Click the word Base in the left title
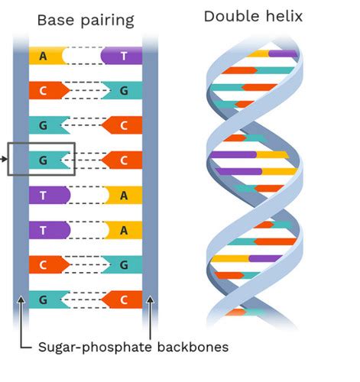pyautogui.click(x=56, y=20)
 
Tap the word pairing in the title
pyautogui.click(x=107, y=21)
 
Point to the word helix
pyautogui.click(x=284, y=16)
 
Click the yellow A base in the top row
pyautogui.click(x=47, y=56)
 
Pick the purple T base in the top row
pyautogui.click(x=122, y=56)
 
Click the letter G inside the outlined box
pyautogui.click(x=43, y=160)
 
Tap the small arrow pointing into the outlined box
pyautogui.click(x=4, y=159)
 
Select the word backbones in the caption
pyautogui.click(x=193, y=347)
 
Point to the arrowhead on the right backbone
pyautogui.click(x=151, y=299)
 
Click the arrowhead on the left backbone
pyautogui.click(x=21, y=299)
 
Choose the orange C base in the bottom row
pyautogui.click(x=122, y=299)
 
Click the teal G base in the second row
pyautogui.click(x=122, y=90)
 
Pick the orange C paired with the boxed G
pyautogui.click(x=122, y=160)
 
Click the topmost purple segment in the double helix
pyautogui.click(x=284, y=53)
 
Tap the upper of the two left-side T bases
pyautogui.click(x=50, y=195)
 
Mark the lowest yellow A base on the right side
pyautogui.click(x=123, y=230)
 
